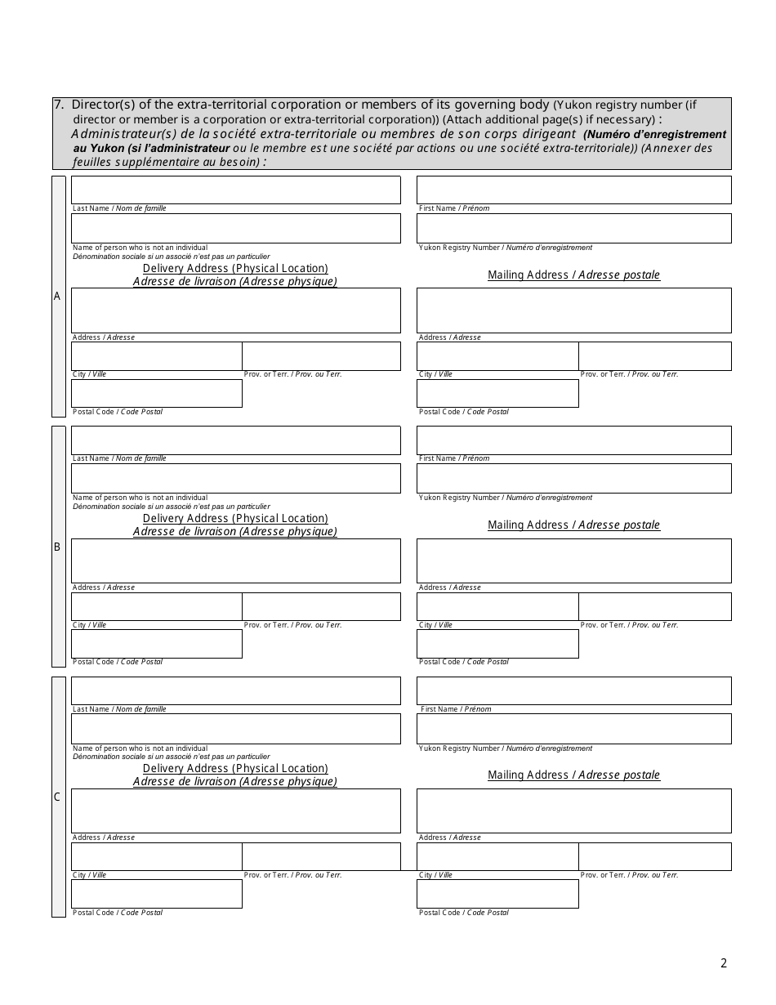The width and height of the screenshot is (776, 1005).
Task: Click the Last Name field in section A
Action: [x=236, y=190]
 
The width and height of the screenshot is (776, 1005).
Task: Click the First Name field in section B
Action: [x=573, y=440]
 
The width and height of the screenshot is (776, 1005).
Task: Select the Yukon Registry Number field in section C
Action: [x=573, y=729]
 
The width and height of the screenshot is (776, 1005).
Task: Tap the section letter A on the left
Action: [x=57, y=297]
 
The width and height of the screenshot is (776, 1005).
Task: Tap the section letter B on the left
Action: [x=57, y=547]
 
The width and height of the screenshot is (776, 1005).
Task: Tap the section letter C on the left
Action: [x=57, y=797]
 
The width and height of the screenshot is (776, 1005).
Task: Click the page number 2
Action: [x=723, y=963]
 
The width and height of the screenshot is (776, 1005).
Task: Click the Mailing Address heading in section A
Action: [x=573, y=275]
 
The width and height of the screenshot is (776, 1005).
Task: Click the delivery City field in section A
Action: [x=156, y=355]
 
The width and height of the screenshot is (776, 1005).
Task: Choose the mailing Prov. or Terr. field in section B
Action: [x=654, y=606]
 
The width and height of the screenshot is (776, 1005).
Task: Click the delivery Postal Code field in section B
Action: [x=156, y=644]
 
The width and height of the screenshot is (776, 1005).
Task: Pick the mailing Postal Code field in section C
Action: [x=497, y=894]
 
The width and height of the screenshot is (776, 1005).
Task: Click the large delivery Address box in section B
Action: [x=236, y=561]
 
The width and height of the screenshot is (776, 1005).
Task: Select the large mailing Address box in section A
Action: [x=573, y=310]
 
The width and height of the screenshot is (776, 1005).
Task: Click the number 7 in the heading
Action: [x=57, y=105]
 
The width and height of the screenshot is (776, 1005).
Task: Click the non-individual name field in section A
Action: [x=236, y=228]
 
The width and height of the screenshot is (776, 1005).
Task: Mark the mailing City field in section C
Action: [x=497, y=856]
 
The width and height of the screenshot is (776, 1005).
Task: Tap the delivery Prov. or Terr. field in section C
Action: [x=321, y=856]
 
